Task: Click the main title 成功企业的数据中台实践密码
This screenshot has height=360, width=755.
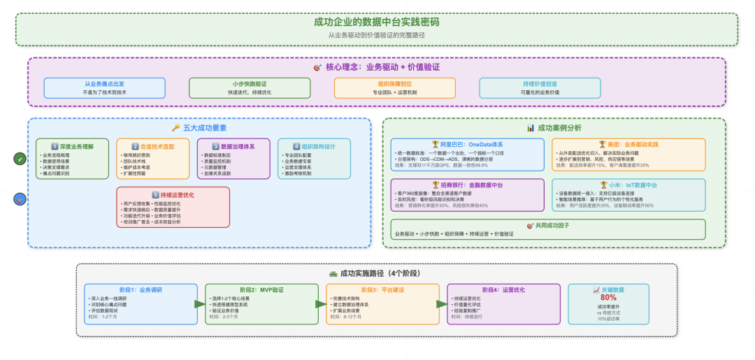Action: tap(377, 22)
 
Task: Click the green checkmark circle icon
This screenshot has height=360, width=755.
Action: tap(20, 159)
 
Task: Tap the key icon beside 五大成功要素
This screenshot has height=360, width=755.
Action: tap(176, 128)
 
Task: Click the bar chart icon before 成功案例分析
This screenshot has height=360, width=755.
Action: tap(531, 128)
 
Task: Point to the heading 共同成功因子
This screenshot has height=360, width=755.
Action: tap(554, 226)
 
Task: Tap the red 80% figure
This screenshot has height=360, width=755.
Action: tap(608, 296)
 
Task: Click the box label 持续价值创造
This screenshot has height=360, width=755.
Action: tap(539, 83)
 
